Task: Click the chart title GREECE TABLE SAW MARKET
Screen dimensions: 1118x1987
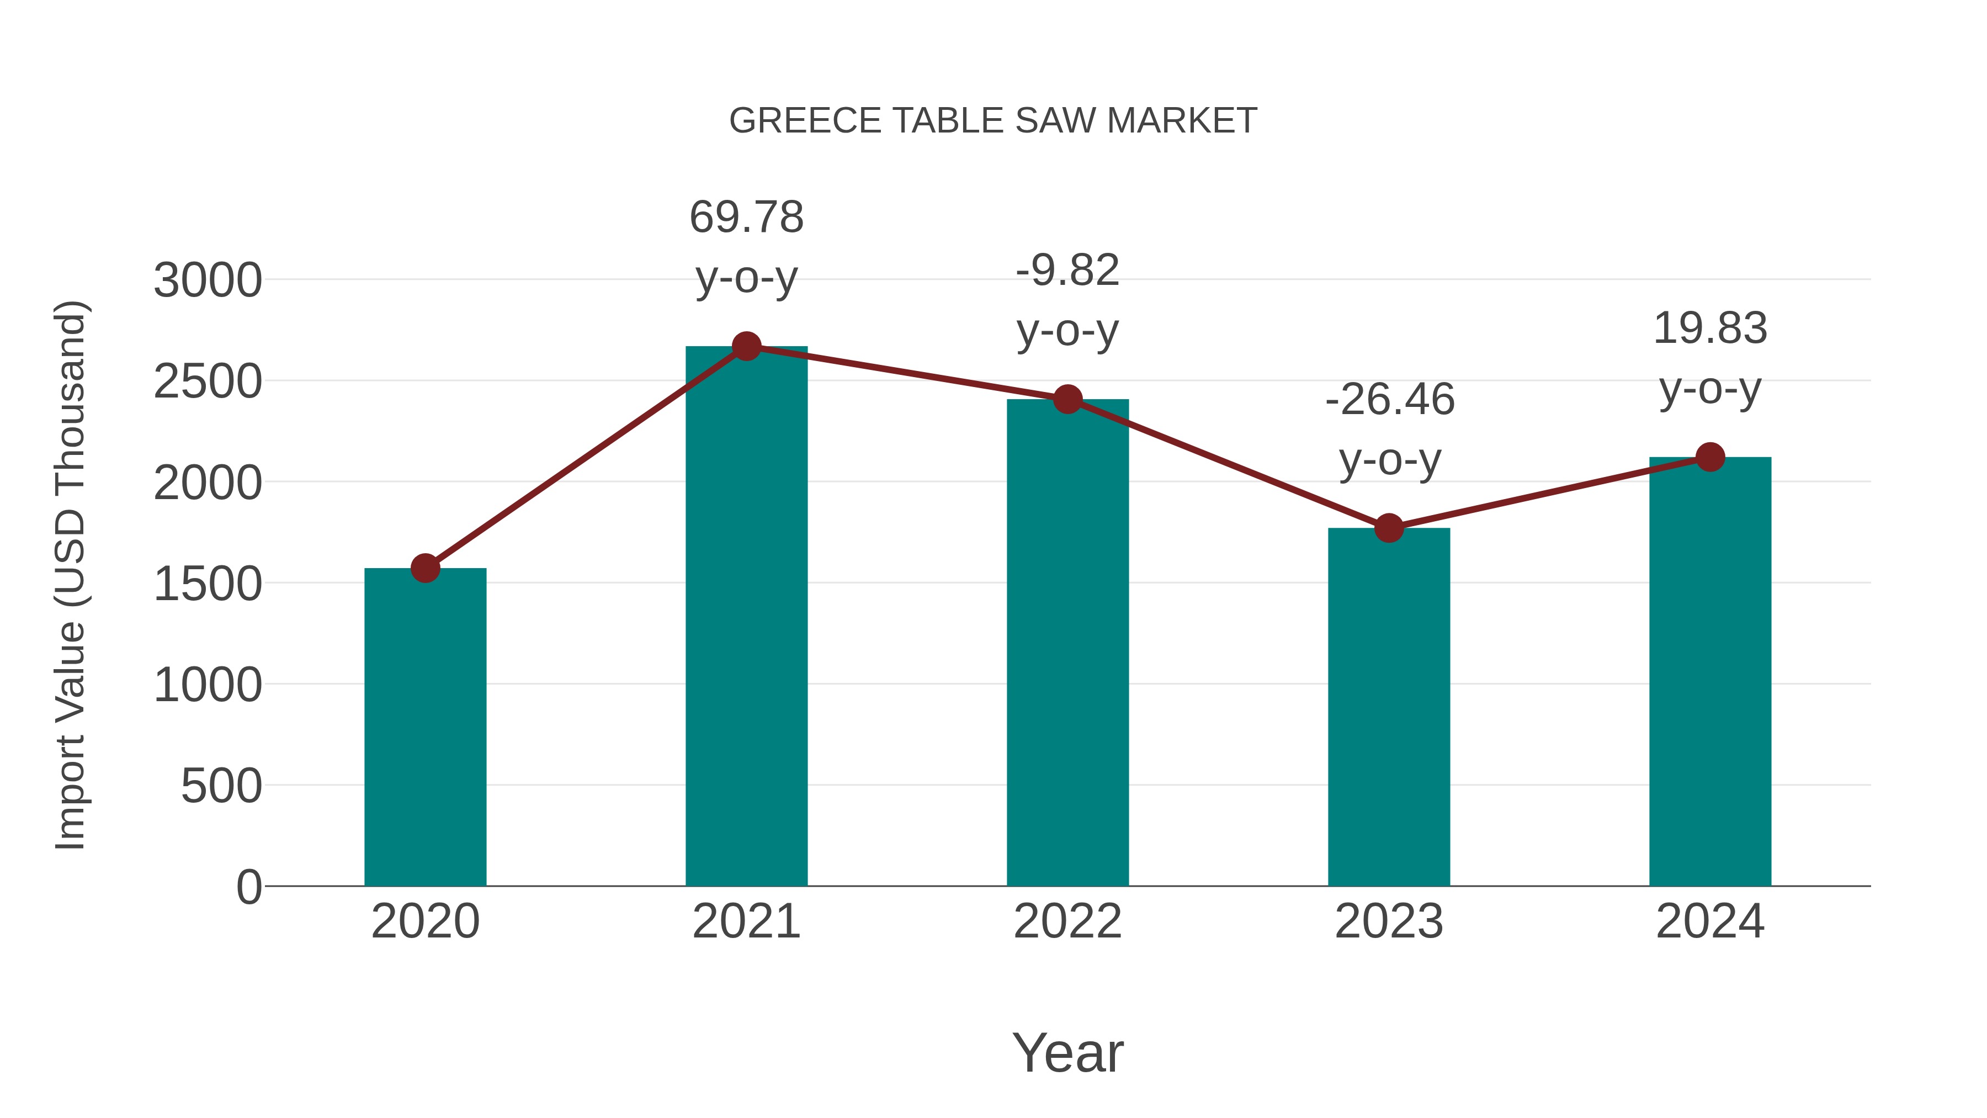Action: pos(993,121)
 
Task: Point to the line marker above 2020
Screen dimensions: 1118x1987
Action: pos(425,568)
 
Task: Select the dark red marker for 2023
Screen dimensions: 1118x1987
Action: pos(1389,528)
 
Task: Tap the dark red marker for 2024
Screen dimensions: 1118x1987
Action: pos(1710,457)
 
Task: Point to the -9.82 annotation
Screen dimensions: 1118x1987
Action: pos(1067,271)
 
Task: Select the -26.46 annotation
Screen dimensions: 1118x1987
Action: pos(1389,400)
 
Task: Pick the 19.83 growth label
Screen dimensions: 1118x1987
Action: pos(1710,328)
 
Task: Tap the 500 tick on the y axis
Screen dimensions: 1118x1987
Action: pos(221,786)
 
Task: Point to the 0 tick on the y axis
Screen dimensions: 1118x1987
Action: pos(248,887)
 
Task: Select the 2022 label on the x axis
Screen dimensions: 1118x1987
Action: pos(1067,921)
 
